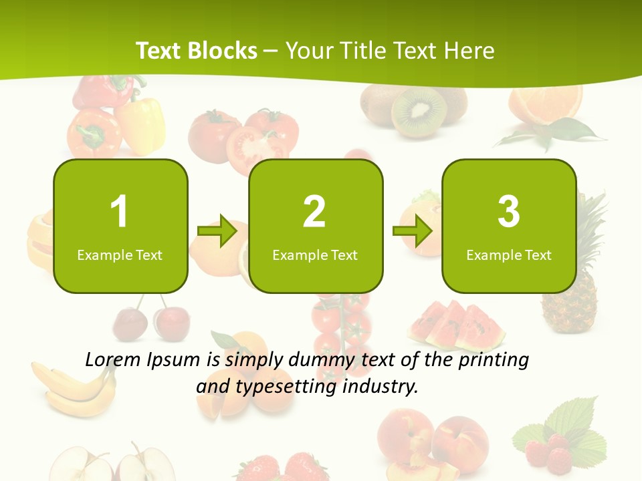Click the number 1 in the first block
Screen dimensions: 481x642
tap(119, 212)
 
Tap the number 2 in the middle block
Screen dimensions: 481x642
tap(314, 212)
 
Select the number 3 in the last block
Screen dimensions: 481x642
tap(509, 212)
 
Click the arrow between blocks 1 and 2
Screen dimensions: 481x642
tap(218, 231)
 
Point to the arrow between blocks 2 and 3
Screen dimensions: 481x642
tap(413, 231)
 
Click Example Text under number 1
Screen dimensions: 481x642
tap(120, 255)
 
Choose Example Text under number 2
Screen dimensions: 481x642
tap(315, 255)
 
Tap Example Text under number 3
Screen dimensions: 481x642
tap(509, 255)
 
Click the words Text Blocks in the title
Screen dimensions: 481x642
tap(197, 51)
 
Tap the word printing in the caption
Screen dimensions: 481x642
tap(494, 360)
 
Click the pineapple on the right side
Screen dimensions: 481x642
tap(570, 281)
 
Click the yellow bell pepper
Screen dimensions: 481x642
tap(142, 124)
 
